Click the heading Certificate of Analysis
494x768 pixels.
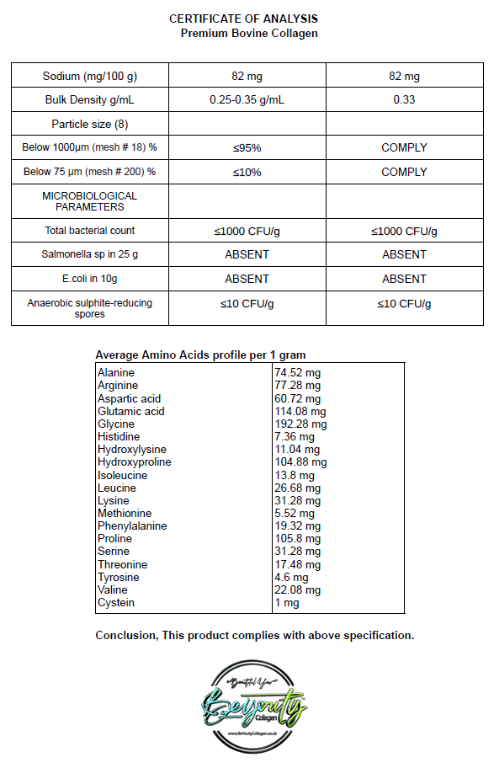(243, 19)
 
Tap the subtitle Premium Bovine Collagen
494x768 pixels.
(249, 33)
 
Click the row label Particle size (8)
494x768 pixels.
(89, 124)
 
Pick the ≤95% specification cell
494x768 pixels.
(247, 147)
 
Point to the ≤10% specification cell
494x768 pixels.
(247, 172)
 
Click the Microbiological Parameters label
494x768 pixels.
(89, 201)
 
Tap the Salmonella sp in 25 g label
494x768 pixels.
(89, 254)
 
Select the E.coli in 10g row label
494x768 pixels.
(89, 279)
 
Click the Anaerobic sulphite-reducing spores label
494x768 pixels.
(89, 308)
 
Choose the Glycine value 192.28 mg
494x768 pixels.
(300, 424)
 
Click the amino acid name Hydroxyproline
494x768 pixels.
(134, 462)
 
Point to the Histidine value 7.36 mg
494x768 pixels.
(295, 437)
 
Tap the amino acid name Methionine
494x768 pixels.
(125, 513)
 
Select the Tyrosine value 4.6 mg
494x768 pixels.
(291, 577)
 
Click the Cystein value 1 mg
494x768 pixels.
(286, 603)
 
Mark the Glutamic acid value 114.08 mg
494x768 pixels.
(300, 411)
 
